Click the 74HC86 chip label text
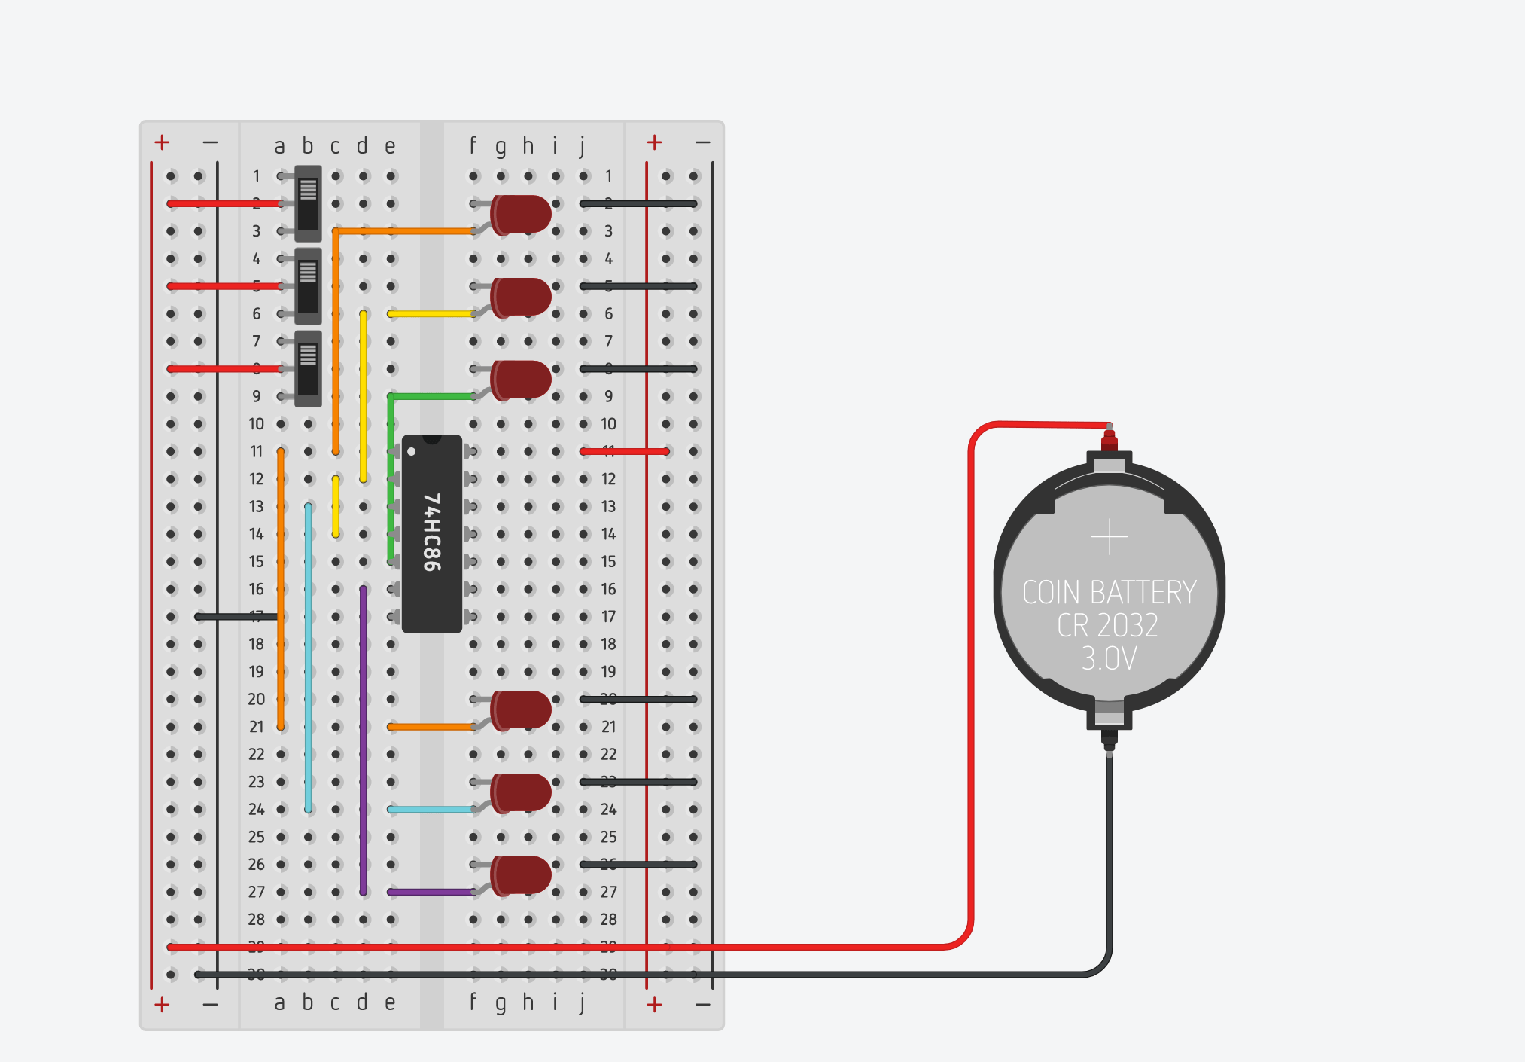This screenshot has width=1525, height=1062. (431, 533)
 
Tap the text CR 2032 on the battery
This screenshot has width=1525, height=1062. (1107, 626)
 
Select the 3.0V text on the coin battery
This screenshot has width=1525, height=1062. (1109, 659)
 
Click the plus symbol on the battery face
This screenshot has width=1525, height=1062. (1109, 537)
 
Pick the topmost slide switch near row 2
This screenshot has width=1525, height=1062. (308, 203)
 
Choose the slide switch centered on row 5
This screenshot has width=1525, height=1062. (308, 286)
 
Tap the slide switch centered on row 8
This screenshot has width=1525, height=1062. (308, 369)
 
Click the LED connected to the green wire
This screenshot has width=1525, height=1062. (521, 380)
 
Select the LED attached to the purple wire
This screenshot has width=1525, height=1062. (521, 875)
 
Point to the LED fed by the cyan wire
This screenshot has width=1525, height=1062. (521, 792)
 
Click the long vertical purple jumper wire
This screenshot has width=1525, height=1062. (364, 738)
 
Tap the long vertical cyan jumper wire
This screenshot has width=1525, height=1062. (308, 655)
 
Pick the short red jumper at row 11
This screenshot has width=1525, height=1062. (625, 451)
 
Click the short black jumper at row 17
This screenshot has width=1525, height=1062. (237, 617)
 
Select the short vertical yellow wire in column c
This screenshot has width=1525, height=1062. (336, 506)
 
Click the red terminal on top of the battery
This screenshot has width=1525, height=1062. (1109, 439)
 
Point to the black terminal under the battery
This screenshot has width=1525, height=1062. (1109, 738)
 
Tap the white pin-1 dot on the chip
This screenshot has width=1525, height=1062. (412, 452)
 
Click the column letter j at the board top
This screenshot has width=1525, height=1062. (583, 146)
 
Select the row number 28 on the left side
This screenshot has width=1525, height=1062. (256, 920)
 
